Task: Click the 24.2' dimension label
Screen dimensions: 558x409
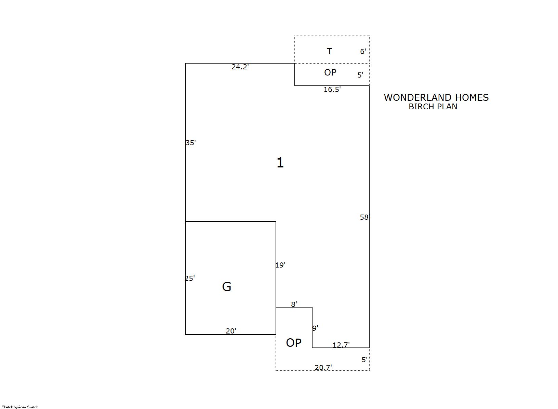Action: tap(240, 67)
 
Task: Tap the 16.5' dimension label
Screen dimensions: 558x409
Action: tap(332, 90)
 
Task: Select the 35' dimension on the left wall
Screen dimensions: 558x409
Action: tap(190, 142)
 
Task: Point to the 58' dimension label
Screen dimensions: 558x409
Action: tap(365, 217)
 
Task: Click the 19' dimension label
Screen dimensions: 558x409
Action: tap(280, 265)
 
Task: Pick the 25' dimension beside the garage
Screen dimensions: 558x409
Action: tap(189, 278)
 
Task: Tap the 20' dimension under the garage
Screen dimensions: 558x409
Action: tap(231, 331)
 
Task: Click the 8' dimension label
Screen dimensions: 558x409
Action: tap(294, 304)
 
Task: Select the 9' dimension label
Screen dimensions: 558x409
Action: tap(315, 328)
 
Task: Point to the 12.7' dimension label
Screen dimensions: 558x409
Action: tap(341, 345)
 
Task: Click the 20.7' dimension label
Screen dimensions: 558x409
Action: tap(323, 367)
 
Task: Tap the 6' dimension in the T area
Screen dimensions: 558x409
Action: tap(363, 51)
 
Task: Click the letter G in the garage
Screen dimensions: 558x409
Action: tap(227, 287)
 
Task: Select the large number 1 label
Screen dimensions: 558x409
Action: tap(280, 163)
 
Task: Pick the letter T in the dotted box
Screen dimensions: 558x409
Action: tap(329, 51)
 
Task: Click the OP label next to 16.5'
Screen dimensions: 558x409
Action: tap(330, 72)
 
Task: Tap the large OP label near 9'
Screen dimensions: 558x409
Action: tap(294, 343)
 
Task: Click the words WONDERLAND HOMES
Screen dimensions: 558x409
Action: tap(436, 97)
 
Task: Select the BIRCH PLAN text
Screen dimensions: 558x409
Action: tap(433, 107)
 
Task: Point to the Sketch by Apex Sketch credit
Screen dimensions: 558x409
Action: tap(20, 407)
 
